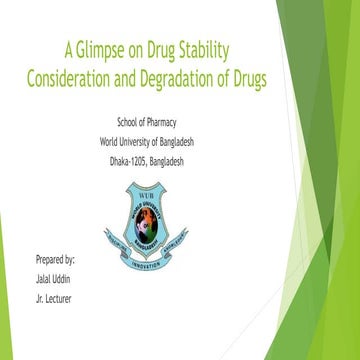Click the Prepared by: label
(x=56, y=260)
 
